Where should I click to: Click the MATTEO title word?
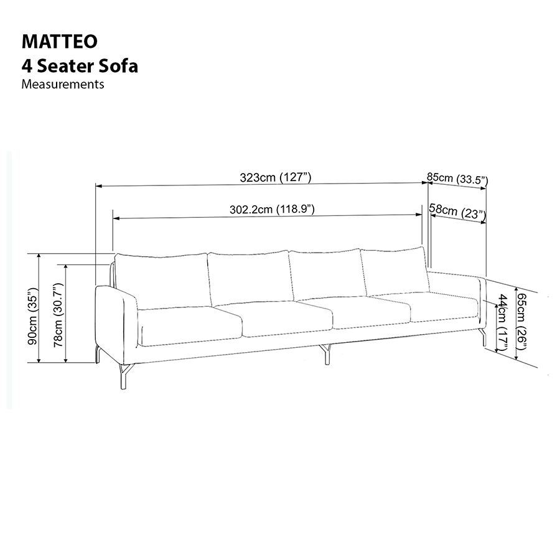click(x=60, y=42)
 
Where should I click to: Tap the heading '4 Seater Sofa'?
click(x=80, y=66)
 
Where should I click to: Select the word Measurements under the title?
click(x=63, y=84)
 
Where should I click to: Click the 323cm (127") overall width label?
click(x=276, y=177)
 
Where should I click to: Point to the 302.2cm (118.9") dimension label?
click(x=272, y=209)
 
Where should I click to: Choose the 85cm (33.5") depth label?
click(x=457, y=178)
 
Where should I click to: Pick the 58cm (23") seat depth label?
click(x=457, y=212)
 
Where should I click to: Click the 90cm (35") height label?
click(x=32, y=315)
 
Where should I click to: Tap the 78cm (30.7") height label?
click(x=58, y=315)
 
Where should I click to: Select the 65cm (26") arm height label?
click(x=522, y=322)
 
